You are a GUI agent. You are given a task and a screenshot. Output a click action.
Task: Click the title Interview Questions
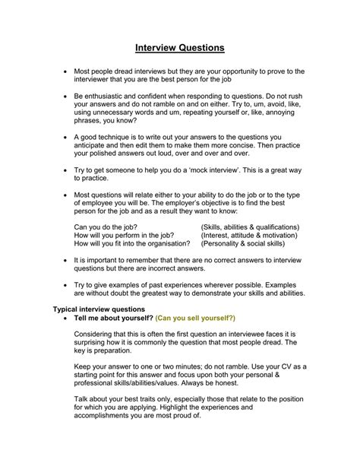pyautogui.click(x=180, y=47)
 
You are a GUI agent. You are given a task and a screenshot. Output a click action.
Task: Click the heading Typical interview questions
pyautogui.click(x=99, y=309)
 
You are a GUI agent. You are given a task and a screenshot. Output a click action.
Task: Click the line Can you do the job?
pyautogui.click(x=106, y=227)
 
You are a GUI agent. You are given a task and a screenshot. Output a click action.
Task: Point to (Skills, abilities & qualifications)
pyautogui.click(x=250, y=227)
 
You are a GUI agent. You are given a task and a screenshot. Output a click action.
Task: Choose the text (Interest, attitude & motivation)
pyautogui.click(x=248, y=235)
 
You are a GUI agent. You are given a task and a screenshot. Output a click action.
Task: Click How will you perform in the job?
pyautogui.click(x=122, y=235)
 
